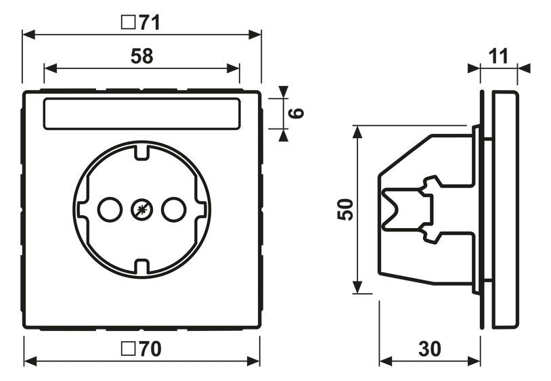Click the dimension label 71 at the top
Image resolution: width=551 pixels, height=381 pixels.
pos(150,22)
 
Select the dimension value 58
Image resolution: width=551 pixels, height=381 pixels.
pos(141,56)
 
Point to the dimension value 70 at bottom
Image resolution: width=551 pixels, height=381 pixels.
pos(150,349)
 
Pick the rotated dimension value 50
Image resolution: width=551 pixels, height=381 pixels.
pos(345,210)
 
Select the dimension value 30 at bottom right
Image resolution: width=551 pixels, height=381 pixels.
pos(429,349)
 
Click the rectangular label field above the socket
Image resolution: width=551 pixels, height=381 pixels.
pos(141,114)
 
